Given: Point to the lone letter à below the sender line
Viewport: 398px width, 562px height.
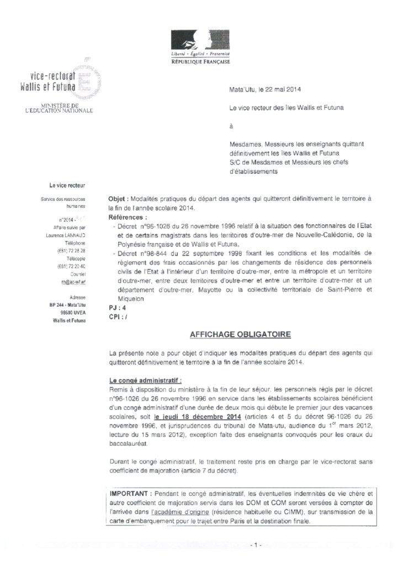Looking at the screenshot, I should tap(231, 126).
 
